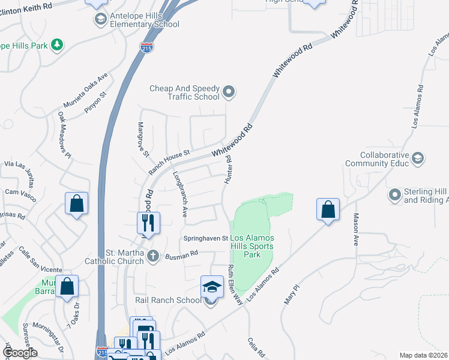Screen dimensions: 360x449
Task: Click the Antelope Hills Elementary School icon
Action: point(100,19)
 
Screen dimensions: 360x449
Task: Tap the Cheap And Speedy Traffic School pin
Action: point(228,92)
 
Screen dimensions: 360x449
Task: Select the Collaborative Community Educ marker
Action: point(418,158)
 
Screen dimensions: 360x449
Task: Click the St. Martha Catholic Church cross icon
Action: point(153,256)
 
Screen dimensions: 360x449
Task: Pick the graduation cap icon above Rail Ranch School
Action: point(212,286)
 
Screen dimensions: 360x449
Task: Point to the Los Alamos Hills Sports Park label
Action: point(252,246)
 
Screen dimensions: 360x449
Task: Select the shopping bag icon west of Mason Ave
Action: point(328,209)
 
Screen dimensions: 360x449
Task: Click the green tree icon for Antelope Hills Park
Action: point(57,44)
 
